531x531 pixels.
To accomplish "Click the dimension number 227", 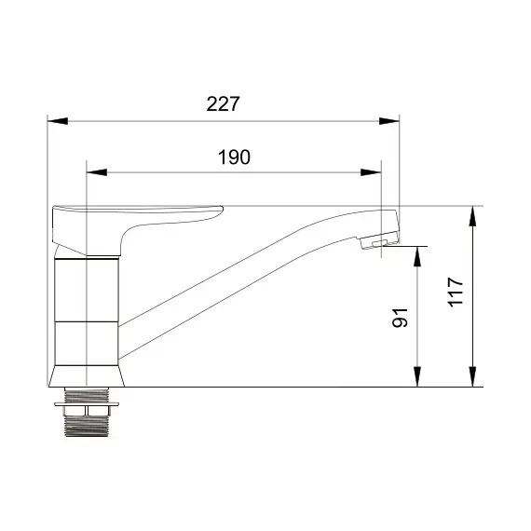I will (x=223, y=104).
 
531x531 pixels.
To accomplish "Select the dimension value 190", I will (x=234, y=157).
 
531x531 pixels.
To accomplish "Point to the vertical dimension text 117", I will (x=455, y=296).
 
